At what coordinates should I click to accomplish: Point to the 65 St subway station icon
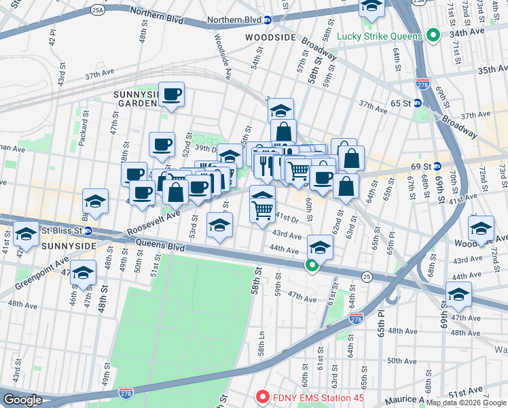pos(418,103)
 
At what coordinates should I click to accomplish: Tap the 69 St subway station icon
pos(437,167)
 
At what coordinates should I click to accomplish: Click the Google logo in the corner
pos(22,400)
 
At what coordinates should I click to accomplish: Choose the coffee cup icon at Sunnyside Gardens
pos(171,95)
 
